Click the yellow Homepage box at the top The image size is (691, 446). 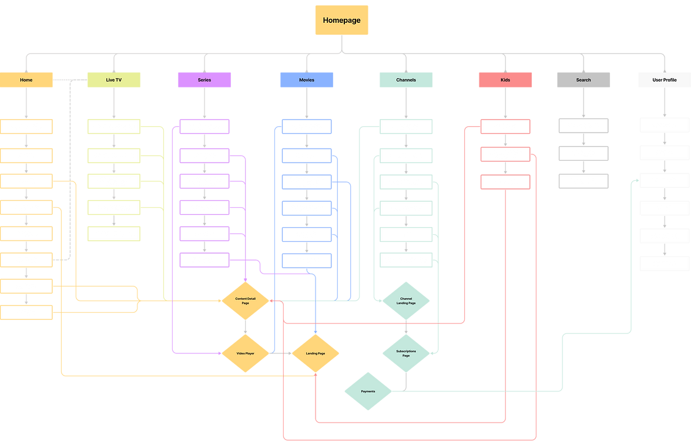[341, 20]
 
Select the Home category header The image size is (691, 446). [26, 80]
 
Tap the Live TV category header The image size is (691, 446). [114, 80]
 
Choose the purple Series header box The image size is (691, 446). [204, 80]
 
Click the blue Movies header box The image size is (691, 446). [306, 80]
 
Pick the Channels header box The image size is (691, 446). [406, 80]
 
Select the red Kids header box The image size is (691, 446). [505, 80]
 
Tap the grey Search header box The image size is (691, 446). [583, 80]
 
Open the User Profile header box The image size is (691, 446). [665, 80]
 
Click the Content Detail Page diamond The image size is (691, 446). [246, 300]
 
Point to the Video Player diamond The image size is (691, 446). [246, 354]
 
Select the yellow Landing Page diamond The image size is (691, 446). [316, 354]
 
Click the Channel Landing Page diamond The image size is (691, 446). [406, 300]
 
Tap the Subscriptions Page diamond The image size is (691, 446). [406, 354]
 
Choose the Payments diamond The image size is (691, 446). [368, 391]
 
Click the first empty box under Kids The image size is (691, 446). [505, 126]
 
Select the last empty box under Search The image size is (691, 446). [583, 181]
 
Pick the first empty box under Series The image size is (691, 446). [204, 126]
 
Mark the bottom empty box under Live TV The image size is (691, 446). [114, 234]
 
